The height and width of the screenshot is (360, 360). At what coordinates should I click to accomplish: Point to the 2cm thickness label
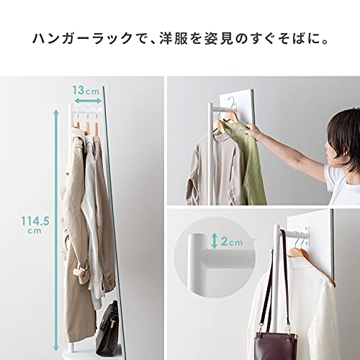[x=230, y=242]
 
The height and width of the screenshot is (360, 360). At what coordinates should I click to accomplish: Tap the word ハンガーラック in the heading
[x=75, y=36]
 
